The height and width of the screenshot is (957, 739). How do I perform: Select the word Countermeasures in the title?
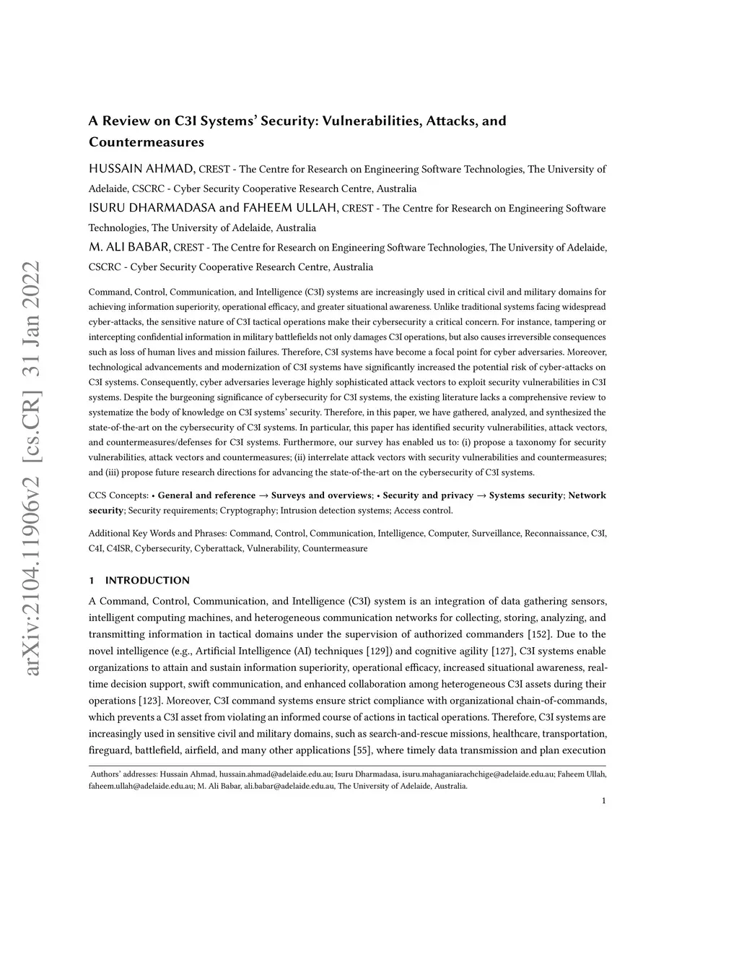point(147,142)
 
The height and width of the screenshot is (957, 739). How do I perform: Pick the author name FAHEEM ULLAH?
point(290,208)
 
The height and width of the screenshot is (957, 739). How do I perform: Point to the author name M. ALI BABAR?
point(129,247)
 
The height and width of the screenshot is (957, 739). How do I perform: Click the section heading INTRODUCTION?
point(147,580)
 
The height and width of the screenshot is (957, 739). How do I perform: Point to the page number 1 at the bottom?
point(603,800)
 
